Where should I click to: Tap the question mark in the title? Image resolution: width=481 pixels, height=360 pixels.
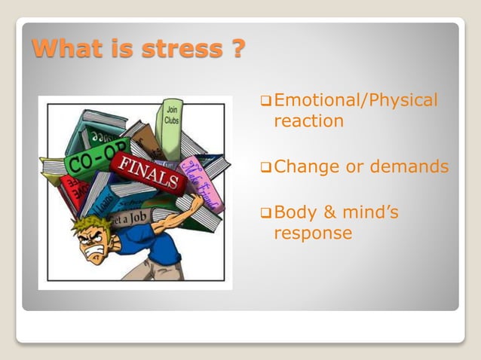237,49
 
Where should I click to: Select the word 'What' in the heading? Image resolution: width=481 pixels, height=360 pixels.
65,49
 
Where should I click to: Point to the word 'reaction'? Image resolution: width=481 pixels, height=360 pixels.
308,121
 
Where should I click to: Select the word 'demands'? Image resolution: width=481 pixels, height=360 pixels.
412,167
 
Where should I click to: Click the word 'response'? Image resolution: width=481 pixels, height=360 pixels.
313,233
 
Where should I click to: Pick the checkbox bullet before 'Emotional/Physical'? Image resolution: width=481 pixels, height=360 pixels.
265,101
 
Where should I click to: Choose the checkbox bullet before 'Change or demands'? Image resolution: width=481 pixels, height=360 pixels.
265,168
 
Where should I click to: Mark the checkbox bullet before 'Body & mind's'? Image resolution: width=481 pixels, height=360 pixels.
265,214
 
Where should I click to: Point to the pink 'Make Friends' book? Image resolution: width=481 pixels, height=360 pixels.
202,185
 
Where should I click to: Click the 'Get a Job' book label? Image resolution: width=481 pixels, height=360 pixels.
129,218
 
